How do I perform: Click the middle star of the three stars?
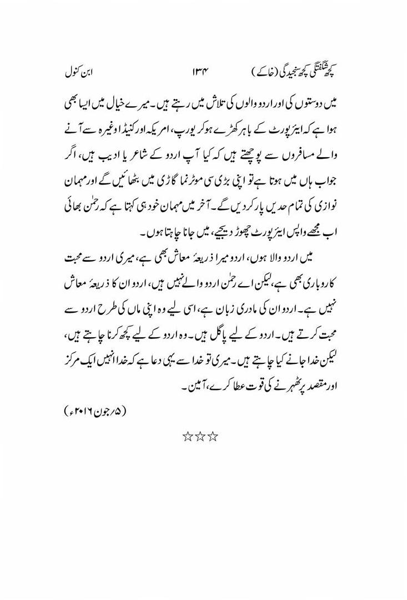coord(201,436)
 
